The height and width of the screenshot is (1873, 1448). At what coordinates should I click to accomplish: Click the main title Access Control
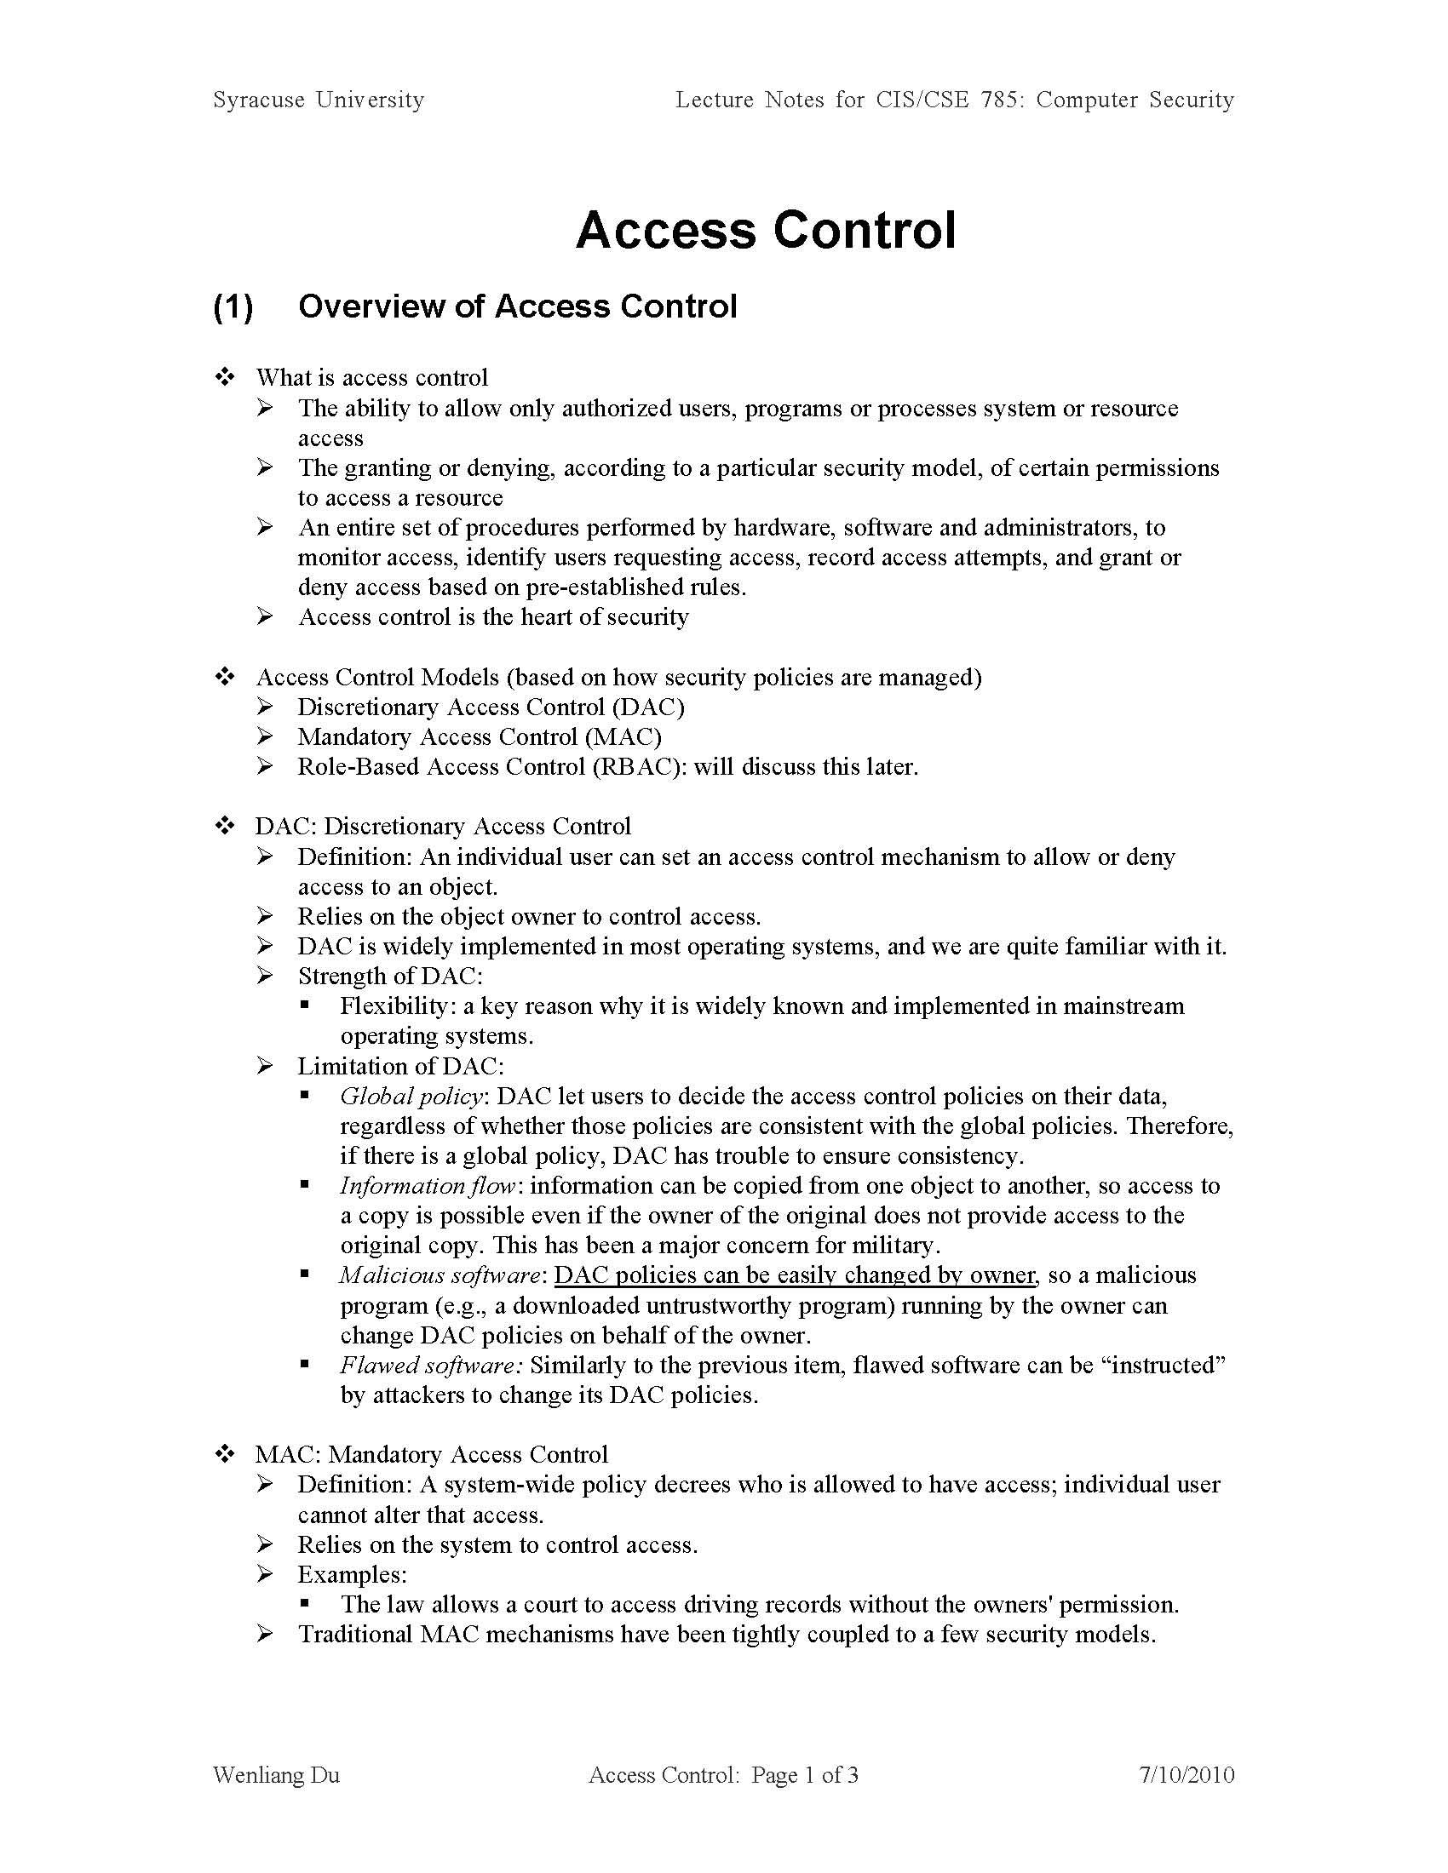coord(765,230)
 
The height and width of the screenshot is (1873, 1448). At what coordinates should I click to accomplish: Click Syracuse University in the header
coord(319,100)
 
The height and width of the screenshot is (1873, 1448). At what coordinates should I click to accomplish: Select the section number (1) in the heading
coord(233,307)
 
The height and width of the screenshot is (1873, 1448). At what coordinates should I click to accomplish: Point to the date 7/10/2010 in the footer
coord(1187,1775)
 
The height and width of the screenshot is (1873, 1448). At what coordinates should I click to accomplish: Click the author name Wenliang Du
coord(276,1775)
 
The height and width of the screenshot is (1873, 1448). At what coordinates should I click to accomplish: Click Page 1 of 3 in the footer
coord(805,1775)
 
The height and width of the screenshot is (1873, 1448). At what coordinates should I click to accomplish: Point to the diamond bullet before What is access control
coord(225,377)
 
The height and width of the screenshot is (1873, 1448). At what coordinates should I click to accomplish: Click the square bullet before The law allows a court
coord(305,1604)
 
